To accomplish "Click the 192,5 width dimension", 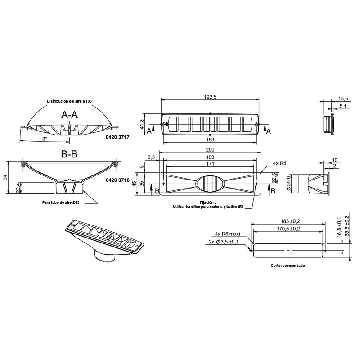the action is [x=210, y=97].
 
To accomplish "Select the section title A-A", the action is [x=69, y=115].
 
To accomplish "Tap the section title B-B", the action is [x=69, y=154].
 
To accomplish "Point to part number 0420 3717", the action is [x=117, y=137].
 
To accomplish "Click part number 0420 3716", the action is [x=117, y=180].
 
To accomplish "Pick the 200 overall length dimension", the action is [x=210, y=150].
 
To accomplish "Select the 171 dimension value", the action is [x=210, y=164].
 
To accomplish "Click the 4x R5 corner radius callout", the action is [x=279, y=163].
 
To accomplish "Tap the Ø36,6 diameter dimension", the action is [x=288, y=183].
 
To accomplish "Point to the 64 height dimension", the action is [x=5, y=177].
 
